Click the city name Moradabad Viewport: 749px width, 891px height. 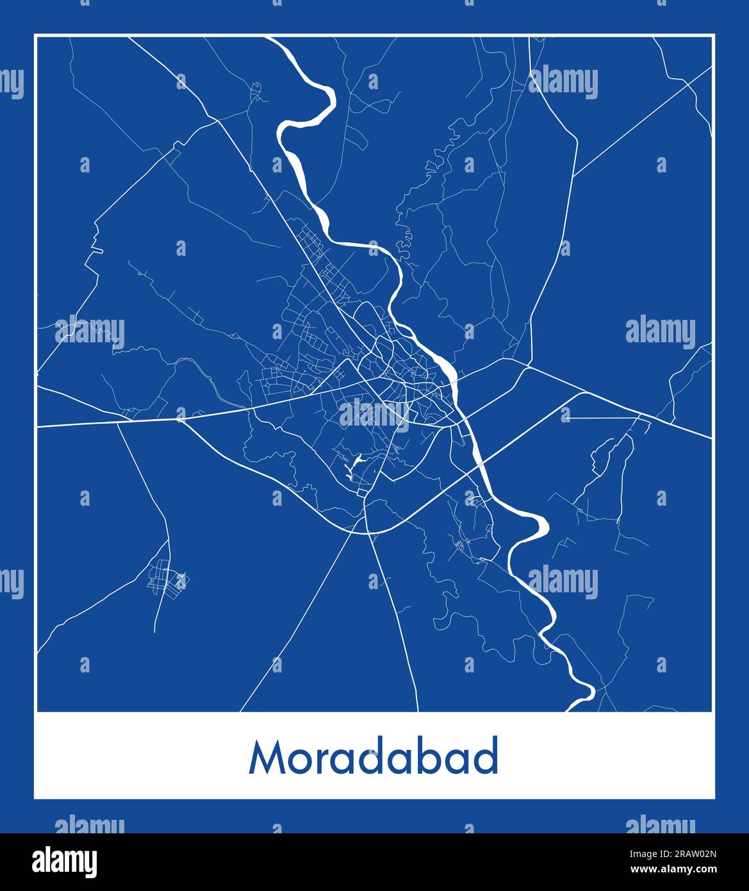click(x=374, y=758)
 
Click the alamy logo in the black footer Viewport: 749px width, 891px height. click(x=65, y=862)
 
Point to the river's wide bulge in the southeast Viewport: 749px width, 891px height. click(x=538, y=525)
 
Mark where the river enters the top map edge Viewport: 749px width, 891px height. click(x=272, y=38)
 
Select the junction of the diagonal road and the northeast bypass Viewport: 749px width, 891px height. click(x=573, y=175)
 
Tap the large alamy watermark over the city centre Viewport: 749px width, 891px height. click(x=374, y=413)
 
